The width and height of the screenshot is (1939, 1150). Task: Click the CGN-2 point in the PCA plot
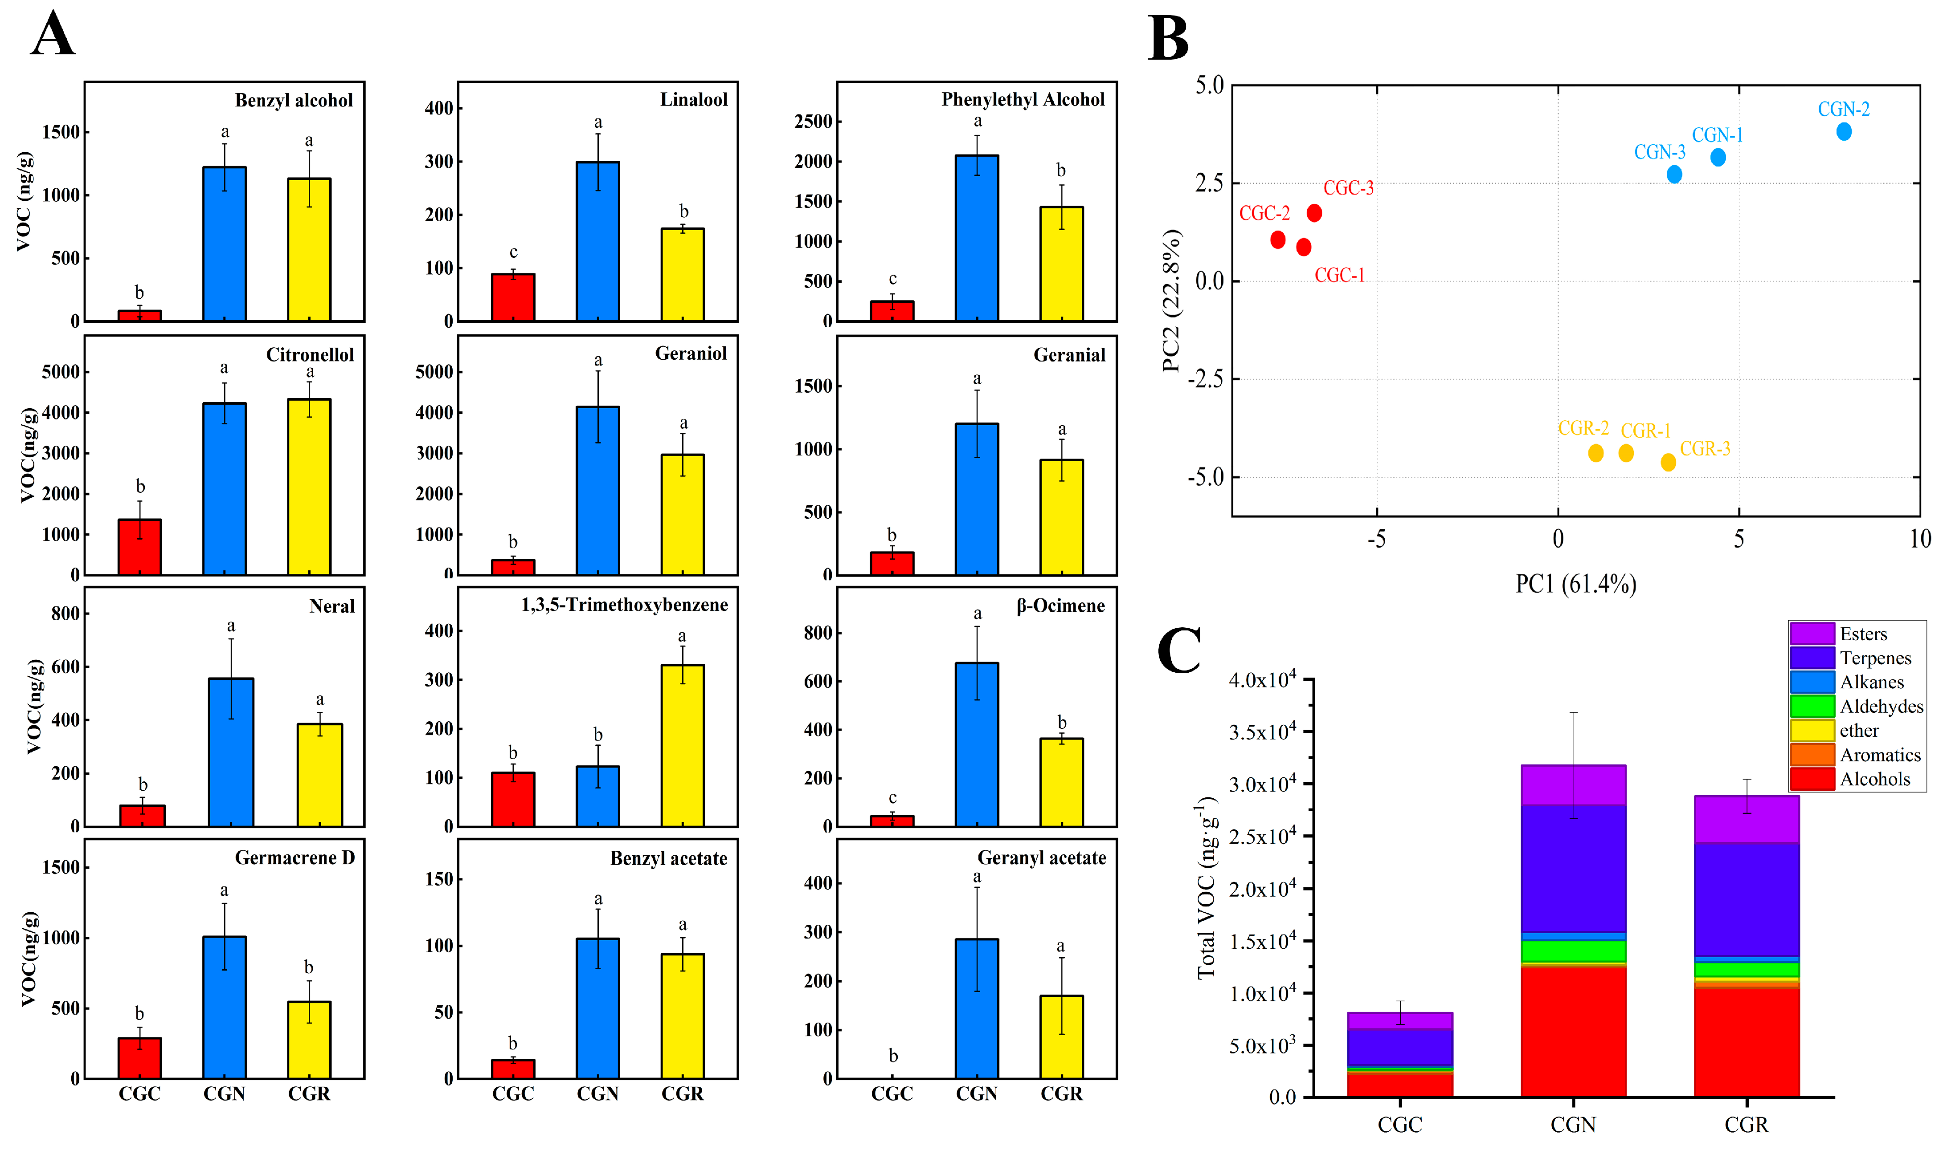[1844, 132]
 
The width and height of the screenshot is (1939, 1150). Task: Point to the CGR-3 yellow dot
[1668, 463]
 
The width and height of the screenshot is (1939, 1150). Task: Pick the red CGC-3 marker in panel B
[1314, 213]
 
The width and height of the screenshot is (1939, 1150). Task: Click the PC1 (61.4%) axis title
[1575, 584]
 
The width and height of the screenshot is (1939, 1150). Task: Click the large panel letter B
[1168, 39]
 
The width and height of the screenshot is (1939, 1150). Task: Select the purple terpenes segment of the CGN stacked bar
[1573, 868]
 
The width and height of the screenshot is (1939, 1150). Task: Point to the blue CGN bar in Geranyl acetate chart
[976, 1008]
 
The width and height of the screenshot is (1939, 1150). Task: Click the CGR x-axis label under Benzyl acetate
[682, 1093]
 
